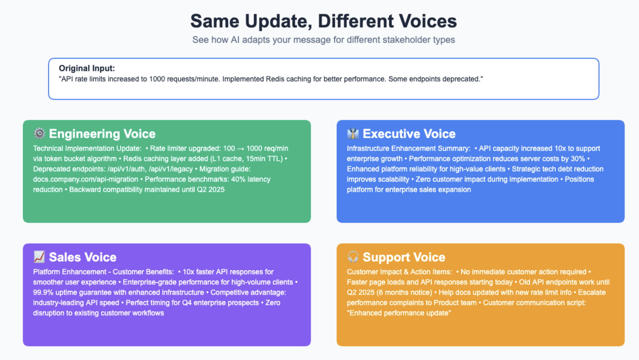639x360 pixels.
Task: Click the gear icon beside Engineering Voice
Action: (x=39, y=133)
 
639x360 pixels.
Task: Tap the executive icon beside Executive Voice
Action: (x=353, y=133)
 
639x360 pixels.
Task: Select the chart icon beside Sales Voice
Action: (x=39, y=257)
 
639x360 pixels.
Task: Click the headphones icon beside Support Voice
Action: (x=353, y=257)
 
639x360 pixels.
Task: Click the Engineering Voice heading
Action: (x=102, y=134)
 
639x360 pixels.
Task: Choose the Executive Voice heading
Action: (x=409, y=134)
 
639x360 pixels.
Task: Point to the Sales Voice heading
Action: (x=83, y=257)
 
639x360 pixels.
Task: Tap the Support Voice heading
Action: (x=404, y=257)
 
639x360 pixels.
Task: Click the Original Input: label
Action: (x=87, y=68)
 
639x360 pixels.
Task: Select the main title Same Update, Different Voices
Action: (x=324, y=21)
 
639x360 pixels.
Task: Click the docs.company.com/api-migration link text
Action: (x=85, y=179)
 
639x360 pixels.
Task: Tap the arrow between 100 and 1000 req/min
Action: (x=241, y=149)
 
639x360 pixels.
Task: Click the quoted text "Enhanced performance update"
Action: (x=399, y=313)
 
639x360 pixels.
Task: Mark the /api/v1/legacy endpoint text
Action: (x=171, y=169)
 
